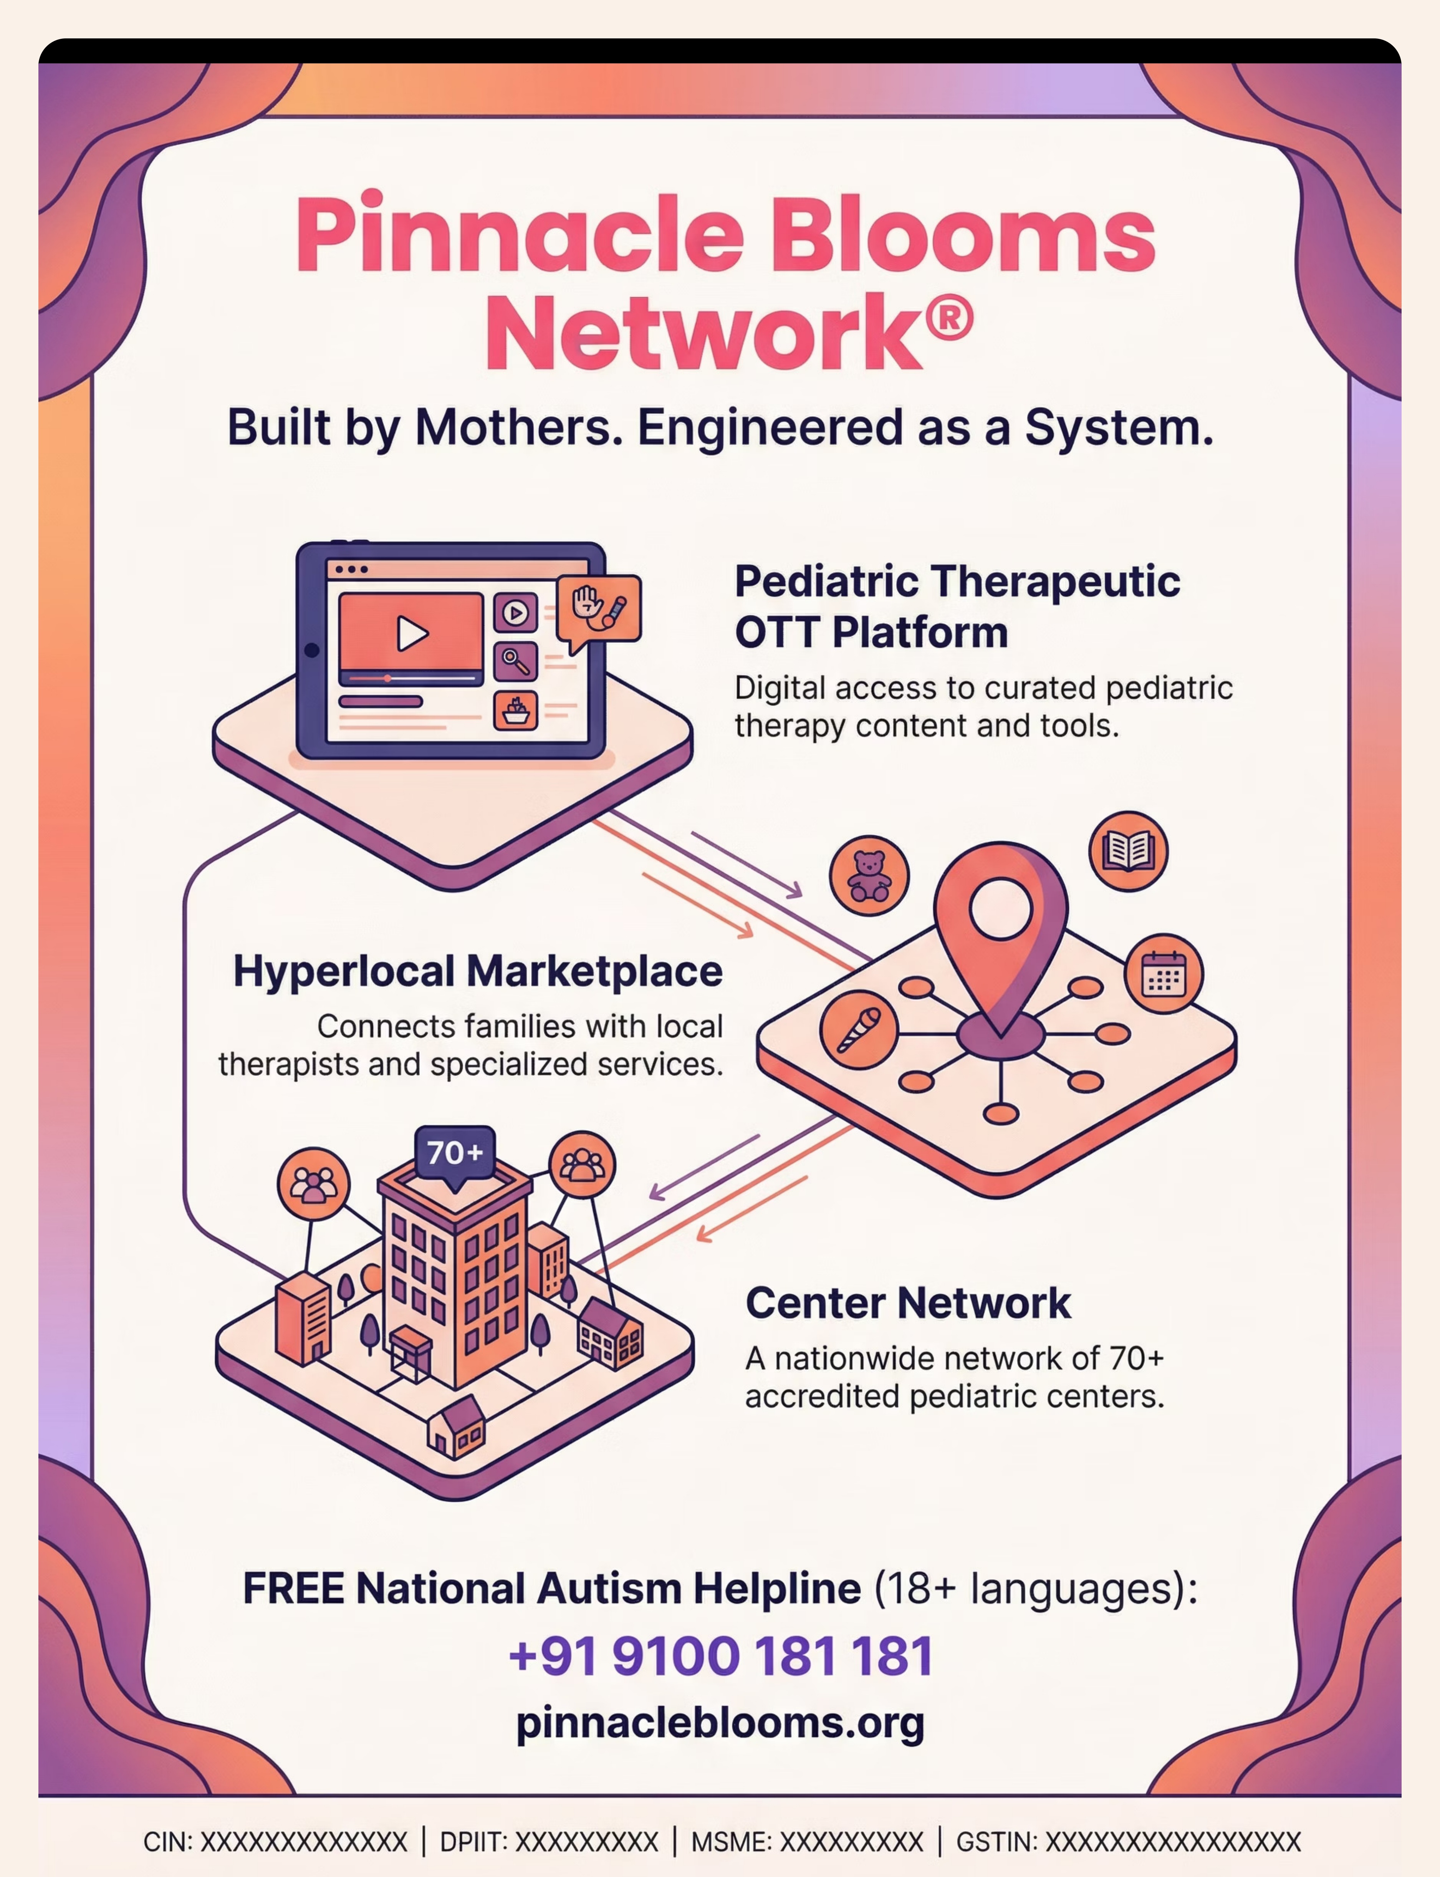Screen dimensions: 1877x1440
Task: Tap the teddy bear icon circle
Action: pyautogui.click(x=869, y=876)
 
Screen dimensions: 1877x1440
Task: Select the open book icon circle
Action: pyautogui.click(x=1128, y=851)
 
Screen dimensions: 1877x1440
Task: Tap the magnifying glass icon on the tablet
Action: pyautogui.click(x=515, y=661)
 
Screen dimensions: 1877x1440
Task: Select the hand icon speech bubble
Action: pyautogui.click(x=598, y=608)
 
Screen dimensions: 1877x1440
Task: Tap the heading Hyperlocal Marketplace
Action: pyautogui.click(x=477, y=972)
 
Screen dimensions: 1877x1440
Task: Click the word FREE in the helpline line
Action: pyautogui.click(x=294, y=1588)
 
